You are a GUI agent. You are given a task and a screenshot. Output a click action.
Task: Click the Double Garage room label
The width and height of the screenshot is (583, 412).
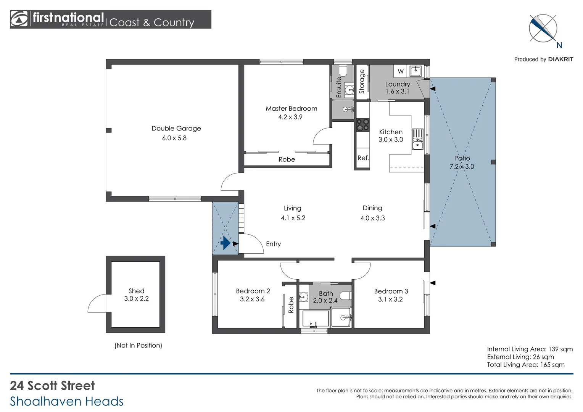tap(176, 129)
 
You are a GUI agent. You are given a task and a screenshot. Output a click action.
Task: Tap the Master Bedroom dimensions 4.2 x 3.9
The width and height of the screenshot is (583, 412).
tap(290, 117)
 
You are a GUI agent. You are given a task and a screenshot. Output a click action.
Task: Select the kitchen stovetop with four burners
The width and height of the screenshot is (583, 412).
tap(362, 125)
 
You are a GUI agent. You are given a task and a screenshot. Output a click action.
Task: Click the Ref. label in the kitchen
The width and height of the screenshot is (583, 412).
tap(363, 158)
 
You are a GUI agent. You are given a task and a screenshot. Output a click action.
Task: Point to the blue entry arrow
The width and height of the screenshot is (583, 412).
tap(225, 243)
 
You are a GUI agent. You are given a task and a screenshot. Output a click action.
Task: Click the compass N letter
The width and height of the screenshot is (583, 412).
tap(559, 45)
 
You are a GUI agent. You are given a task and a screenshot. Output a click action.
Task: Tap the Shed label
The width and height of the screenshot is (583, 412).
tap(136, 291)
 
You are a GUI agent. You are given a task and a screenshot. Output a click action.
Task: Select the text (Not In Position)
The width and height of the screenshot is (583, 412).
tap(138, 345)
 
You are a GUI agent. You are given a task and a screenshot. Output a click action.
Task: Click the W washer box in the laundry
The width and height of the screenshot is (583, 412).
tap(400, 71)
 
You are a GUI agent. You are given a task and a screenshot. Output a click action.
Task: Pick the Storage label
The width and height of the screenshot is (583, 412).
tap(362, 82)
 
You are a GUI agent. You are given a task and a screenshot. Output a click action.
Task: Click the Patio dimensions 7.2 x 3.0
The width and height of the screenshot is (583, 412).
tap(462, 167)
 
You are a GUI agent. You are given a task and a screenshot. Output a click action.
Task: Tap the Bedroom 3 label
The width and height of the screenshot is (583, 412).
tap(391, 291)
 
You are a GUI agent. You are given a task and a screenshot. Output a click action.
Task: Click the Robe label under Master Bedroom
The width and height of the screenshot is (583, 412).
tap(287, 159)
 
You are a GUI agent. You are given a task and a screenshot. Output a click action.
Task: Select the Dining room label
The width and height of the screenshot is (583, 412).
tap(372, 208)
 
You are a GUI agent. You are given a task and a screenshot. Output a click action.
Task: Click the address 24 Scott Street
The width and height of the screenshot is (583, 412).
tap(52, 386)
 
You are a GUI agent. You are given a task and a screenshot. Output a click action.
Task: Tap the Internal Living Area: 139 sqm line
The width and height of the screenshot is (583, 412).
tap(530, 349)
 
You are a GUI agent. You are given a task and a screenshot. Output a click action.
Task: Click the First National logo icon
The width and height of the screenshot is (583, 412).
tap(19, 19)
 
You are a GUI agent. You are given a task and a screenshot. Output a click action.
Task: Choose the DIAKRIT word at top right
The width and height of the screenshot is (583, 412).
tap(560, 59)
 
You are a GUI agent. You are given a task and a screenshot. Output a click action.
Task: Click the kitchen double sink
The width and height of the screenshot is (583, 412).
tap(417, 139)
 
